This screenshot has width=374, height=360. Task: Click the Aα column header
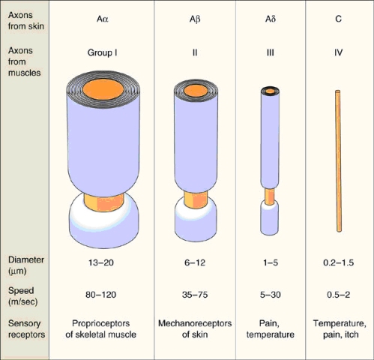pos(103,19)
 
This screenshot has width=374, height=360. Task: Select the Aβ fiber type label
pos(195,19)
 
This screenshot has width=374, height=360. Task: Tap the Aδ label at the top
pos(271,19)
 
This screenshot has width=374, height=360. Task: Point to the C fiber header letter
pos(338,19)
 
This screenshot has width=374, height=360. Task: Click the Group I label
pos(102,52)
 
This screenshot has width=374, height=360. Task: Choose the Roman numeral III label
pos(271,52)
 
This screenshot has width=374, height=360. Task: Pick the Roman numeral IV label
pos(338,52)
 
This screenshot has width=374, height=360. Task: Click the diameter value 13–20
pos(101,262)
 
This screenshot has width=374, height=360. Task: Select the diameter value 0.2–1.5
pos(338,262)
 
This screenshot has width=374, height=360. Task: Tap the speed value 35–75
pos(195,295)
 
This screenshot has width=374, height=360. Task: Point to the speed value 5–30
pos(271,295)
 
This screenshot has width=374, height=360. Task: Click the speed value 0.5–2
pos(338,295)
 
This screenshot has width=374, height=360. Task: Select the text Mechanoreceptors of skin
pos(195,328)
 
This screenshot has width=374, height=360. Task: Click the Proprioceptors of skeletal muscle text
pos(101,328)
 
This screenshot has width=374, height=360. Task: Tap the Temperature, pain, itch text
pos(340,328)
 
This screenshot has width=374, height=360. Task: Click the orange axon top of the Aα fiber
pos(103,89)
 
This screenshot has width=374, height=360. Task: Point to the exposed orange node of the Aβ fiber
pos(196,199)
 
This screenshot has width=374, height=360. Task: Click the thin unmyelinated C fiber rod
pos(338,161)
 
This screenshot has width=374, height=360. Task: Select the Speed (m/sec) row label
pos(22,296)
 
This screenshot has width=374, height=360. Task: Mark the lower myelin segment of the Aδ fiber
pos(269,217)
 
